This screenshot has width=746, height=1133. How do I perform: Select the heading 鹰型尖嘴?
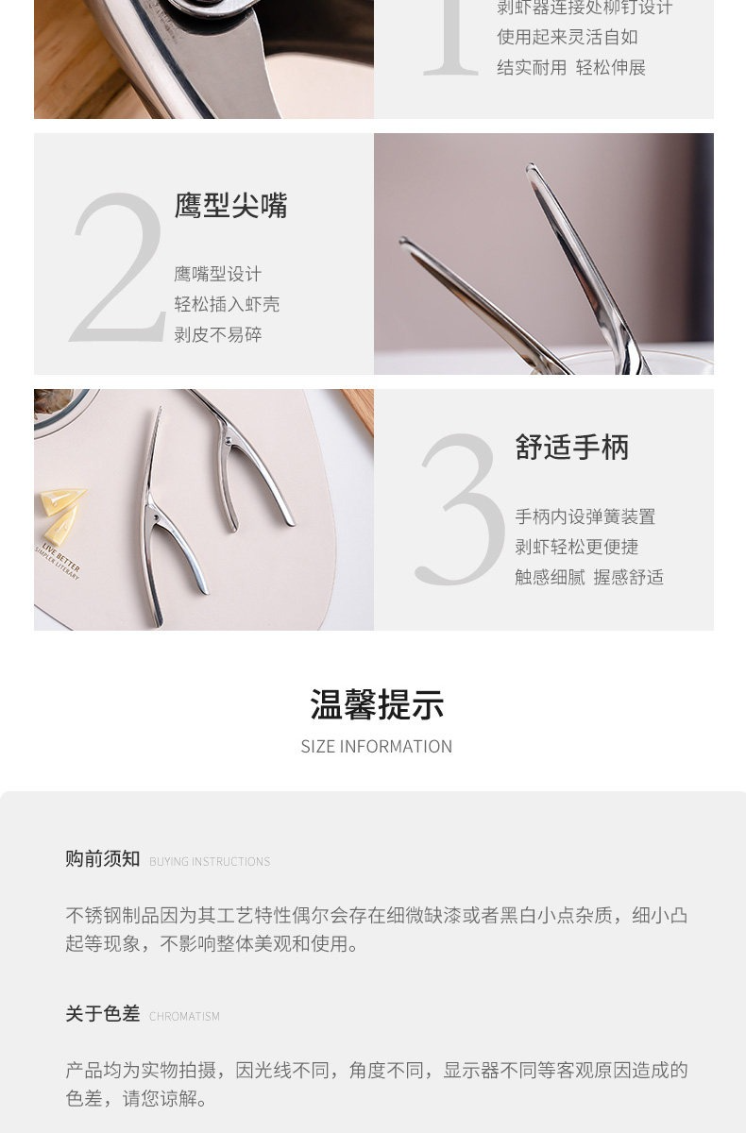coord(230,206)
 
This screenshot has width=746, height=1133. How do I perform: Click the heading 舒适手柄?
coord(572,448)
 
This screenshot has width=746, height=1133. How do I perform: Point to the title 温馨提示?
coord(377,704)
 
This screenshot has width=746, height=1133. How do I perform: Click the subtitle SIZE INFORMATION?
coord(377,747)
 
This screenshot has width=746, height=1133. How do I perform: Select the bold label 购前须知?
coord(103,859)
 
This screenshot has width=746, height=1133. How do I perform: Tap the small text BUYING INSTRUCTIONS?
coord(210,861)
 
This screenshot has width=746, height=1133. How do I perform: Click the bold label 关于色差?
coord(103,1014)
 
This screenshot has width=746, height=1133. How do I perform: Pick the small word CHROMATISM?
coord(184,1016)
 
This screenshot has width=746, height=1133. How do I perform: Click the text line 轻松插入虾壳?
coord(227,304)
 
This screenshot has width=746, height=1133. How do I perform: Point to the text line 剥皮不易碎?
coord(218,334)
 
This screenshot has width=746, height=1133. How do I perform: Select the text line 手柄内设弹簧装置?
coord(585,516)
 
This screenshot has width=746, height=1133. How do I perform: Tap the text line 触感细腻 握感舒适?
coord(589,577)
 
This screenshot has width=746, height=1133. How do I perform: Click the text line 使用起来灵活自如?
coord(567,37)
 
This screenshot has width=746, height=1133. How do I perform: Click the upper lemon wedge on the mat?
coord(61,500)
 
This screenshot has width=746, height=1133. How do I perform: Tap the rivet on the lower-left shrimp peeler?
coord(156,518)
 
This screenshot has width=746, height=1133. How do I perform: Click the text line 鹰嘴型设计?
coord(218,274)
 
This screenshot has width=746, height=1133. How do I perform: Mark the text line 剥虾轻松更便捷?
coord(577,547)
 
